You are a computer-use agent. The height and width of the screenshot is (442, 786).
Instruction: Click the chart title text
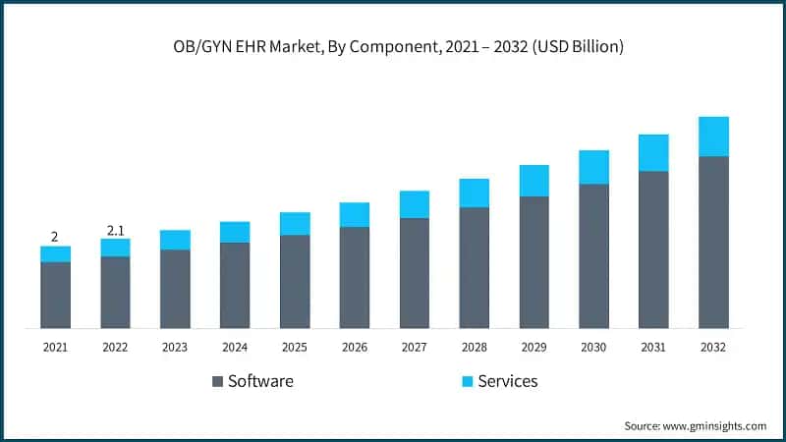[393, 46]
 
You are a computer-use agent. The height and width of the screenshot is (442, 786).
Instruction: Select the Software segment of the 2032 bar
[713, 242]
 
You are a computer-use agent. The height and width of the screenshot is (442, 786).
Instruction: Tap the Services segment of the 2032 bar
[713, 137]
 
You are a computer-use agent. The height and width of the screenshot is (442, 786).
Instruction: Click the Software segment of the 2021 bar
[55, 295]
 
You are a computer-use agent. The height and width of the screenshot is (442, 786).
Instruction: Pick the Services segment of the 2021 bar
[55, 253]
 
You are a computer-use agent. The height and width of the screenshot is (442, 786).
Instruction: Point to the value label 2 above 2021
[55, 237]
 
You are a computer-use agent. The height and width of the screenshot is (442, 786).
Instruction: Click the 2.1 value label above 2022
[115, 230]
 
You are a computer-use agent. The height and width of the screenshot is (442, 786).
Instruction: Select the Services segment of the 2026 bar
[355, 215]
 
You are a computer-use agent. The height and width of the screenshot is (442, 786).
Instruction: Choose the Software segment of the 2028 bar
[475, 267]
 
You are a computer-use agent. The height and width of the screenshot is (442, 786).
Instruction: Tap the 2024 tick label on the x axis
[235, 348]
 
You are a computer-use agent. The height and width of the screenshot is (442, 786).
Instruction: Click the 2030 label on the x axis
[593, 348]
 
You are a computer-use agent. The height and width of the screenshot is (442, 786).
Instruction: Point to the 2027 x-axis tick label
[415, 348]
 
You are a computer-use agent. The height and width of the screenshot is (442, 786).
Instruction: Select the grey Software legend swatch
[216, 381]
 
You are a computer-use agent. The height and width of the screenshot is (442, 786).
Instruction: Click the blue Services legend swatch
[467, 381]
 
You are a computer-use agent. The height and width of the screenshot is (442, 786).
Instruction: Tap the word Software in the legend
[260, 381]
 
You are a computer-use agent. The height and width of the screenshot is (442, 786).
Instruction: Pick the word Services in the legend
[507, 381]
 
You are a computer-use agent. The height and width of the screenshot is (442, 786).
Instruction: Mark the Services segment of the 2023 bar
[175, 240]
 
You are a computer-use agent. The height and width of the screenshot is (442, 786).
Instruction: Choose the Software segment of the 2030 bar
[593, 255]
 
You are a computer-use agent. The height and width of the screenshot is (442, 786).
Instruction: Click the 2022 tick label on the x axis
[115, 348]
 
